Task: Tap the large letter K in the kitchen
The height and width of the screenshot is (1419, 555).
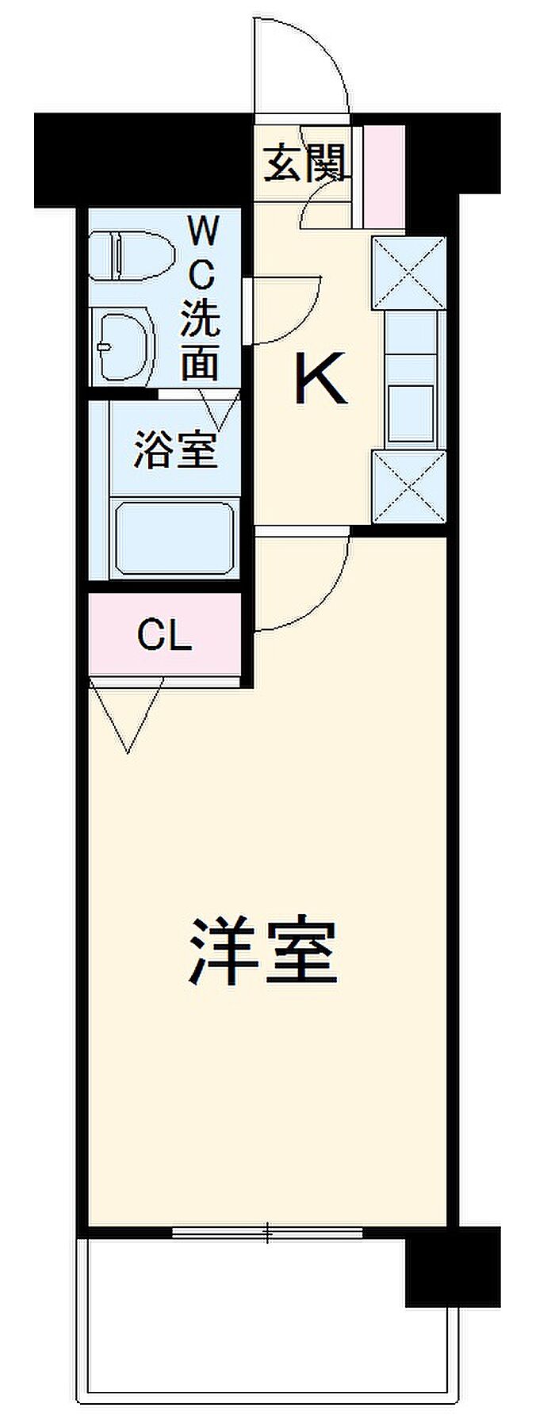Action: [320, 379]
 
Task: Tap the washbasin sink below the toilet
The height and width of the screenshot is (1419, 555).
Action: [123, 346]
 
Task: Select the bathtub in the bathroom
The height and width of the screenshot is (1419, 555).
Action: [175, 537]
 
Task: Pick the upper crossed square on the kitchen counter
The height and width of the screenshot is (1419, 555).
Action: [409, 270]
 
